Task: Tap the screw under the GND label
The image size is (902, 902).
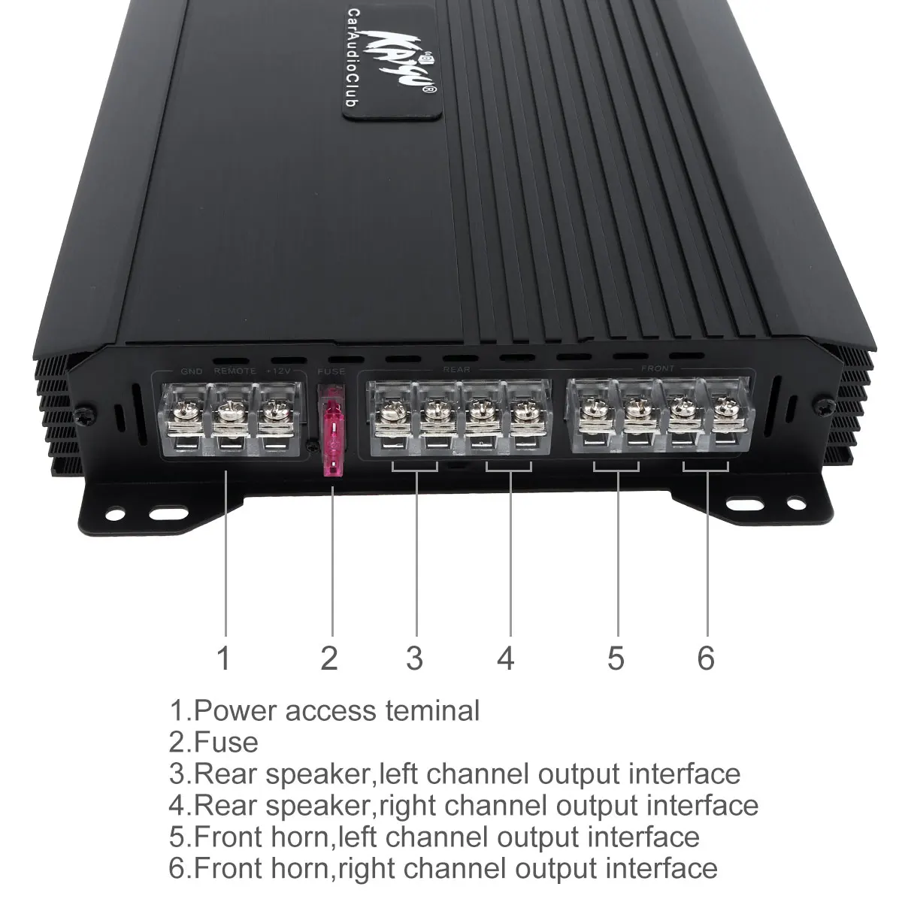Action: click(x=185, y=410)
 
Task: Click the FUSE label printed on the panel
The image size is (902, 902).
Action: click(x=331, y=371)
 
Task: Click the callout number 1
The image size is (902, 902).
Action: click(x=223, y=658)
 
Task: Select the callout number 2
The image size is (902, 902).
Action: click(x=329, y=658)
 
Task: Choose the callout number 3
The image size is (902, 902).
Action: click(x=414, y=658)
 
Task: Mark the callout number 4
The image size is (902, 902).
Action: click(x=506, y=658)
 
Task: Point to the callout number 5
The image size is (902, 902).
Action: click(x=616, y=658)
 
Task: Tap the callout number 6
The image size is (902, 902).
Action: click(x=705, y=658)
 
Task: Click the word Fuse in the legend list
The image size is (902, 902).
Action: click(x=226, y=742)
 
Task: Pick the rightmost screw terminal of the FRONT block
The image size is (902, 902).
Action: click(x=724, y=409)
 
